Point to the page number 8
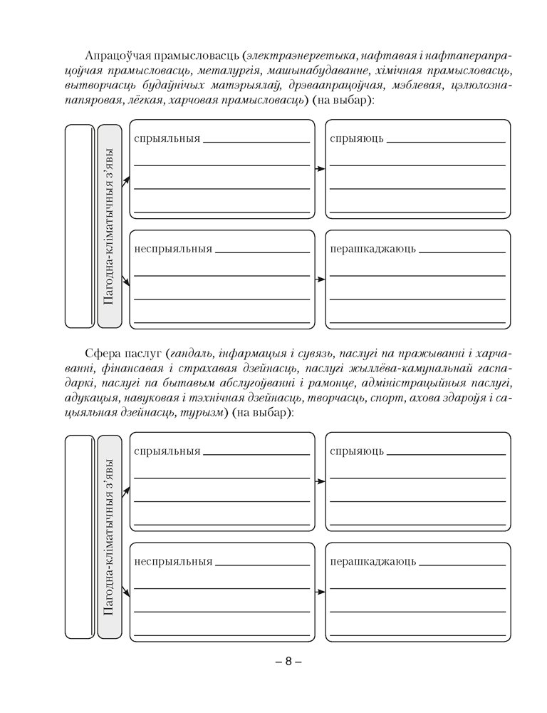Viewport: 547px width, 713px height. pos(288,662)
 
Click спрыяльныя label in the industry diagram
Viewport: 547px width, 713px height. pos(167,138)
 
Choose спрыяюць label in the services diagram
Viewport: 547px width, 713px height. pos(357,451)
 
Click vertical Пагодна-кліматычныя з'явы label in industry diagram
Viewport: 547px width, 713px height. pos(109,226)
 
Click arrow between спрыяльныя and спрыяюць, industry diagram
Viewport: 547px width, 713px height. pos(320,169)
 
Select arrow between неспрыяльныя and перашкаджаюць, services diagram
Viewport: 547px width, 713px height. pos(320,591)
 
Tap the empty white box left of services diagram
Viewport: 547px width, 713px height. pos(79,536)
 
